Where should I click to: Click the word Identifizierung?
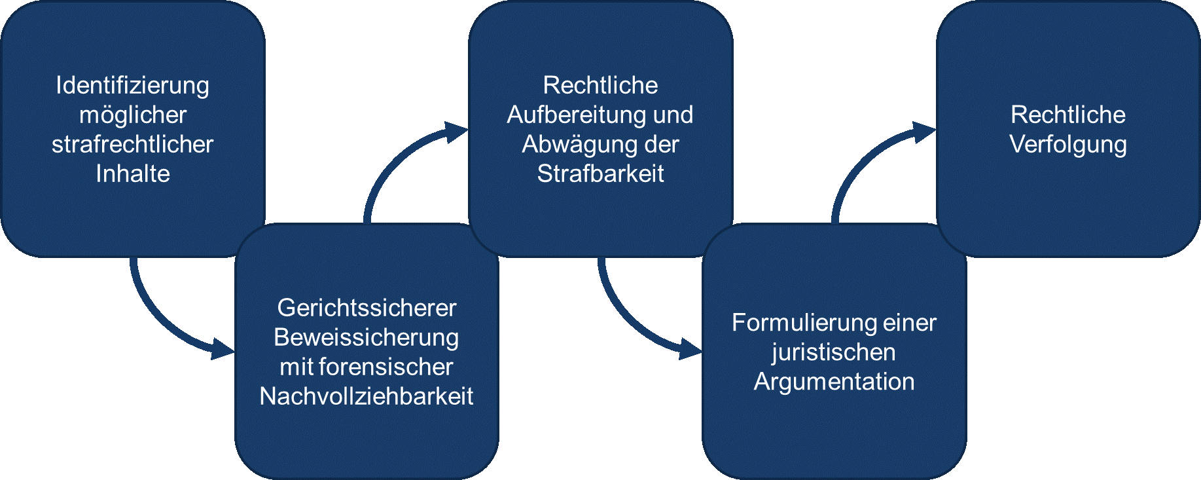click(x=132, y=86)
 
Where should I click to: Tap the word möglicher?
click(x=133, y=115)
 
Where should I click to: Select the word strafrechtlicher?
click(x=133, y=145)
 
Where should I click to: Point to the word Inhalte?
click(x=133, y=174)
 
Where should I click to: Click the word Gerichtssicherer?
click(x=367, y=308)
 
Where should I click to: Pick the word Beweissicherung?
click(x=367, y=338)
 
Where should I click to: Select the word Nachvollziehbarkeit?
click(x=367, y=396)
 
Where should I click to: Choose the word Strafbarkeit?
click(x=600, y=174)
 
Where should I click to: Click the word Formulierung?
click(x=803, y=323)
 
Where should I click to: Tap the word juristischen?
click(x=833, y=352)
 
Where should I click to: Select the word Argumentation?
click(x=834, y=382)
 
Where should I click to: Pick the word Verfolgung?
click(x=1068, y=145)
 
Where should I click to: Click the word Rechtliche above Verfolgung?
click(x=1068, y=115)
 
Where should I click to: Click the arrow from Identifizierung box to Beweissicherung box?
click(x=164, y=321)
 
